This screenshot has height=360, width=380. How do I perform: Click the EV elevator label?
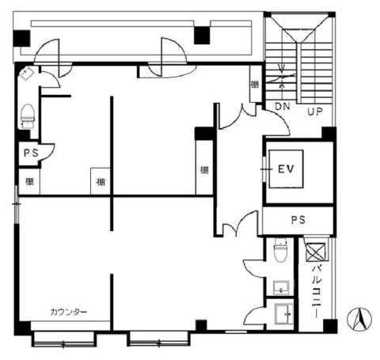tap(286, 169)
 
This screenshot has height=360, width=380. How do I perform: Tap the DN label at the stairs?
tap(283, 107)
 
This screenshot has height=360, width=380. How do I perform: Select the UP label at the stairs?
tap(315, 112)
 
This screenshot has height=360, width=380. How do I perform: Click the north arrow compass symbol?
tap(359, 319)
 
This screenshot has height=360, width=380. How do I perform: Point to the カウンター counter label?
tap(68, 312)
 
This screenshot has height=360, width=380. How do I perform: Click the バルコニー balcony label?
tap(316, 291)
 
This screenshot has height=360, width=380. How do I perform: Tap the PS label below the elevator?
tap(298, 220)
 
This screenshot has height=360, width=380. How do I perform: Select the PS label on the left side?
tap(31, 153)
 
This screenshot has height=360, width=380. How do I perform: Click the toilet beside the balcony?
tap(280, 249)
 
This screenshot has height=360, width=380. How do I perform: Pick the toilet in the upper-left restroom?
tap(28, 116)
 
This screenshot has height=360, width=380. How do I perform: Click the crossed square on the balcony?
tap(316, 252)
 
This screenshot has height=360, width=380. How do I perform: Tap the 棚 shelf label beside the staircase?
tap(255, 85)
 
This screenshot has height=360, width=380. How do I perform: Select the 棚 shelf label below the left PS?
tap(29, 182)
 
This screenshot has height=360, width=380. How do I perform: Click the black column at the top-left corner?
tap(21, 39)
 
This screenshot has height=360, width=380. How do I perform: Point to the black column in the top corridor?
tap(202, 36)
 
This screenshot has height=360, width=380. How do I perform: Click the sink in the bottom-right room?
tap(284, 314)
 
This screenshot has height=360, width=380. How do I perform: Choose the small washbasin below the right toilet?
tap(281, 288)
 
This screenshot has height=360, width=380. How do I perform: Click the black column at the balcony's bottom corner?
tap(330, 326)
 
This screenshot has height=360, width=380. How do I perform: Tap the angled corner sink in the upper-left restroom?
tap(26, 74)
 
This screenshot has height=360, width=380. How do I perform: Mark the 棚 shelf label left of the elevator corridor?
tap(204, 170)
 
